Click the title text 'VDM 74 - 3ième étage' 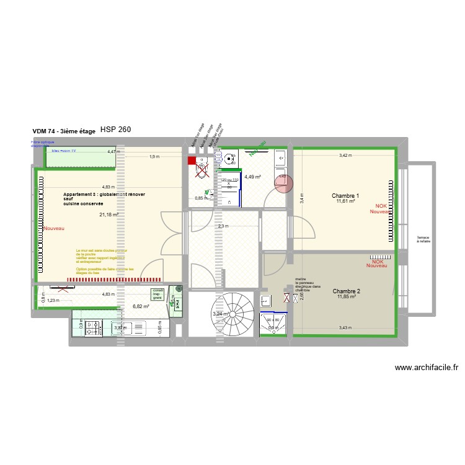click(64, 131)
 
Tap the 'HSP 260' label click(115, 130)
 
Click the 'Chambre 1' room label click(345, 196)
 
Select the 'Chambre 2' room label click(346, 291)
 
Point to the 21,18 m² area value click(108, 215)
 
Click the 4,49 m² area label click(252, 177)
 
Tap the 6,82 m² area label click(141, 306)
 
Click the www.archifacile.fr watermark click(427, 367)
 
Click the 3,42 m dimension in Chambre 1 click(345, 156)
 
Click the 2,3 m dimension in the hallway click(223, 226)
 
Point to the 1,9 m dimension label click(154, 157)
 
